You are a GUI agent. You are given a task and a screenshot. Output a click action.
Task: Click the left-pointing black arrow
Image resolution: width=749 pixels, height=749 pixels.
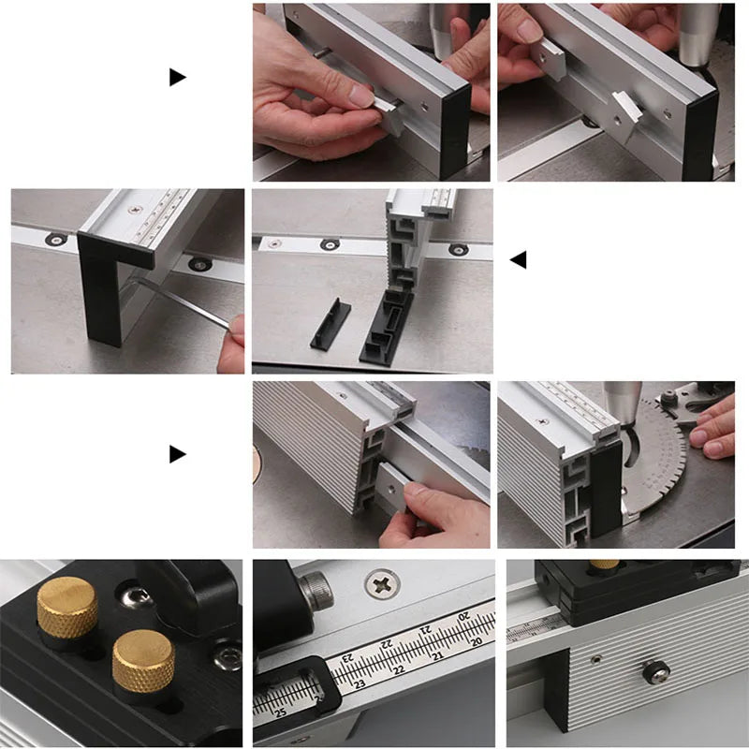[x=518, y=259]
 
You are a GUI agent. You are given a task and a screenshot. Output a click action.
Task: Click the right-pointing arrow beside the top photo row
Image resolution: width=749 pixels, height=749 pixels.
[x=177, y=77]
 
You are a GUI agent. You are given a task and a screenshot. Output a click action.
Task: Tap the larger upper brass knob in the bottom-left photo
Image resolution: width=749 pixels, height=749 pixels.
[x=66, y=607]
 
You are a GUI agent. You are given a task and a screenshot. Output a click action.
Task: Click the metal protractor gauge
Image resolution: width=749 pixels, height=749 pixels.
[x=655, y=459]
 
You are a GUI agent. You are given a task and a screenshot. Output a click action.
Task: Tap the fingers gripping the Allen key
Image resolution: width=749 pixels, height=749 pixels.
[x=234, y=343]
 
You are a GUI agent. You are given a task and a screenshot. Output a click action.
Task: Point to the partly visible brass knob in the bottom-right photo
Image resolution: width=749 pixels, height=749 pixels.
[x=604, y=565]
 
